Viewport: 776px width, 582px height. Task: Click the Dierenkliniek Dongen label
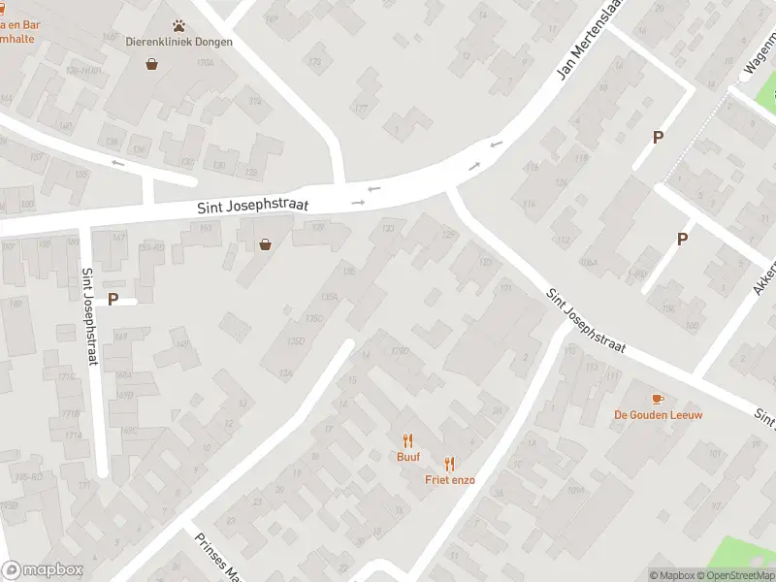[179, 42]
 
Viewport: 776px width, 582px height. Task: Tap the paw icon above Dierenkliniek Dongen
[179, 25]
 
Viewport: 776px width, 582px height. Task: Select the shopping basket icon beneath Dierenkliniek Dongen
[152, 64]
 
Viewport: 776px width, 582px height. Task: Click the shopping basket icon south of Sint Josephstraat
[265, 245]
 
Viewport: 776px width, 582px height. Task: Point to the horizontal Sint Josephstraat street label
[253, 207]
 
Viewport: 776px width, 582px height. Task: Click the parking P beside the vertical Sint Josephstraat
[113, 300]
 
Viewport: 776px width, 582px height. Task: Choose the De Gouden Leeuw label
[658, 415]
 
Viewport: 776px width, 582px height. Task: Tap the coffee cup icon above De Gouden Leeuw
[658, 399]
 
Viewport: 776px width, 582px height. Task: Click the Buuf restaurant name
[407, 456]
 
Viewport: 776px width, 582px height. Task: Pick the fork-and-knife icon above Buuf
[407, 439]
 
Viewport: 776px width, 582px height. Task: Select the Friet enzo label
[449, 480]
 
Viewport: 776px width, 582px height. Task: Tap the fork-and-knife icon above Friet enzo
[449, 464]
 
